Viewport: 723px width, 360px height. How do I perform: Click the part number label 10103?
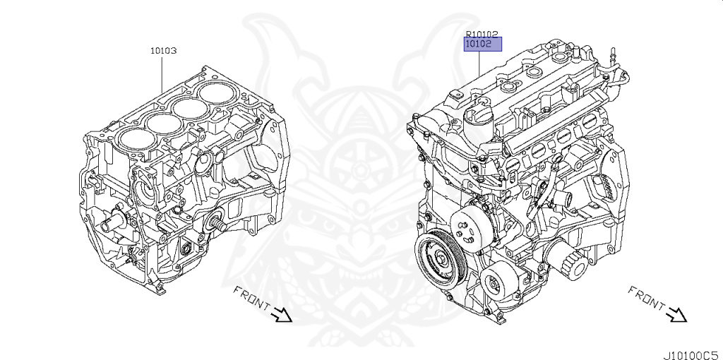163,51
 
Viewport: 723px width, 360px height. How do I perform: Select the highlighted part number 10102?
482,44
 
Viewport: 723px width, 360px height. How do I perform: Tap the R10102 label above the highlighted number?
482,33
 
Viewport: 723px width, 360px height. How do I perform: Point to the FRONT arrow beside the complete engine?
677,315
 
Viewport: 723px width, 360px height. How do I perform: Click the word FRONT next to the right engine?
646,297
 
